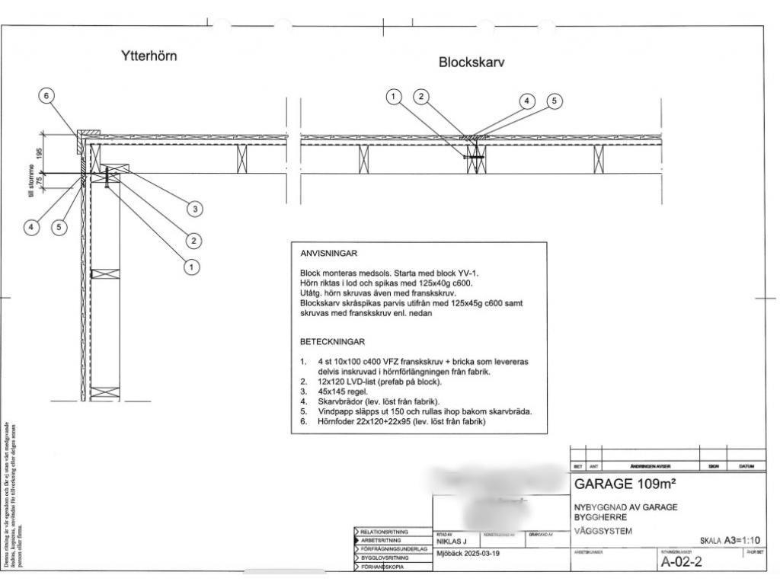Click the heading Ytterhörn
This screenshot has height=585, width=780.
coord(149,56)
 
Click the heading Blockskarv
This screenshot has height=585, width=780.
coord(472,62)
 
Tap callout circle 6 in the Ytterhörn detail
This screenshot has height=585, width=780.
coord(47,96)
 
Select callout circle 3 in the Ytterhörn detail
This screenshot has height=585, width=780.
coord(194,208)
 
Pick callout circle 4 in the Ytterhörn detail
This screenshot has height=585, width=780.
coord(31,226)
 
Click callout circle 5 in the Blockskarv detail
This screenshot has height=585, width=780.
coord(554,101)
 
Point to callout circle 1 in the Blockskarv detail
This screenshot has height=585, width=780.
coord(394,96)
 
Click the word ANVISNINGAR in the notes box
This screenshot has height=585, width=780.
coord(329,254)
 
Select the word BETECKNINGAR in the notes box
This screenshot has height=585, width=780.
coord(333,342)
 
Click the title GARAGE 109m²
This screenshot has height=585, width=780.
coord(625,484)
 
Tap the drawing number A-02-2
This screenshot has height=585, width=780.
coord(681,562)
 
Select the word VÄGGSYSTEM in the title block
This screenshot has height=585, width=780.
coord(603,531)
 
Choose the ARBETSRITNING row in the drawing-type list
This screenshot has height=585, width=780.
coord(388,540)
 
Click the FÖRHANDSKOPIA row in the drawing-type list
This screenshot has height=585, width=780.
coord(386,567)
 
